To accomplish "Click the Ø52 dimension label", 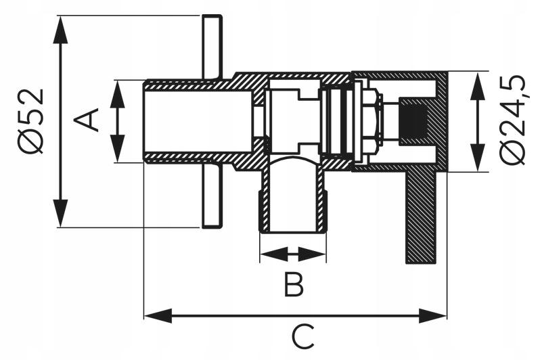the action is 32,121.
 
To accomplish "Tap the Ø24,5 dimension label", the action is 513,120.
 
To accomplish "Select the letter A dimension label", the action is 87,120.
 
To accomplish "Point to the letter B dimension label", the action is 294,284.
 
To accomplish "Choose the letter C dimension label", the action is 303,336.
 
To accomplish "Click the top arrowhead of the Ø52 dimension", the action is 60,29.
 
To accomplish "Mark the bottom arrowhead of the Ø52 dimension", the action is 60,213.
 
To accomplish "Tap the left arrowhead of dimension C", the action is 158,316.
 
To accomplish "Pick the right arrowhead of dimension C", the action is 433,316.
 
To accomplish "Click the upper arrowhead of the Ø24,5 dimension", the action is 478,87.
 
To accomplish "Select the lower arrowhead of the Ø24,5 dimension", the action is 478,157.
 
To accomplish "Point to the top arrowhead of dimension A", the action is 118,95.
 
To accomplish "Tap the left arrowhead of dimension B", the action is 274,254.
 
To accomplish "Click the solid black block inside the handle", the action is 413,121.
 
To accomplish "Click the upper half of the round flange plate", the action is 212,47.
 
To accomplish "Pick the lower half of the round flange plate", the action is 212,196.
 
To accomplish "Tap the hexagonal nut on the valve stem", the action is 371,121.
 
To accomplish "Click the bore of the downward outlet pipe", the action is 293,197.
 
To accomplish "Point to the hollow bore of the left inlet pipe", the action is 198,121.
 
